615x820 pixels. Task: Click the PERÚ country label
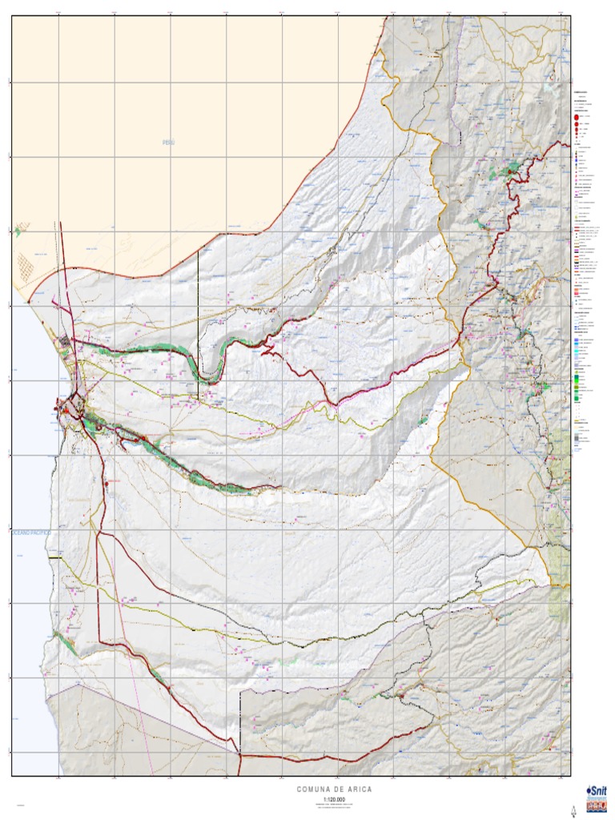coord(168,143)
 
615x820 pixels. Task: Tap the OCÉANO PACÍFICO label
coord(30,532)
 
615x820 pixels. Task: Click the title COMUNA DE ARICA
coord(334,790)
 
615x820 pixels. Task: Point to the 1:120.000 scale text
coord(334,799)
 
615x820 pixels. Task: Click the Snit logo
coord(597,789)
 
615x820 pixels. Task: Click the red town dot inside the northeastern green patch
coord(512,171)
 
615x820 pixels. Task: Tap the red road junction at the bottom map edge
coord(239,754)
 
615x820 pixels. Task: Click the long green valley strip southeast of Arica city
coord(184,464)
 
